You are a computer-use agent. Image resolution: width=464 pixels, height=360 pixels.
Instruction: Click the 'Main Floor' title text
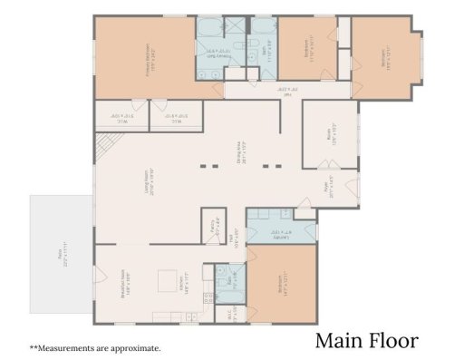(x=366, y=341)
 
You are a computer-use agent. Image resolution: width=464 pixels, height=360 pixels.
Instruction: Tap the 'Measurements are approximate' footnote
(x=95, y=347)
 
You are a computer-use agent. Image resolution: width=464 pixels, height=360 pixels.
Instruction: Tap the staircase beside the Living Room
(x=106, y=145)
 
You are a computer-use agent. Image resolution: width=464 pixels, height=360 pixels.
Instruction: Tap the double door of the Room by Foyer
(x=324, y=164)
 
